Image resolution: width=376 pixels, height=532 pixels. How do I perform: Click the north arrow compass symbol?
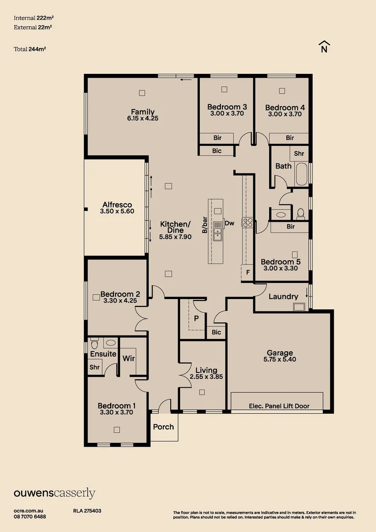324,47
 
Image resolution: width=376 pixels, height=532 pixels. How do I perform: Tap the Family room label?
143,112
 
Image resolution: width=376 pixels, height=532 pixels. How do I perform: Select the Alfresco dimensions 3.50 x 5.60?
117,211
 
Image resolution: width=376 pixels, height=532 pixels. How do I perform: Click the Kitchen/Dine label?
175,227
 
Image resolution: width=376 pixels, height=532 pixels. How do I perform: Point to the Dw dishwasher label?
229,223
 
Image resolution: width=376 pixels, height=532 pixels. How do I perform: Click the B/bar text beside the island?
204,224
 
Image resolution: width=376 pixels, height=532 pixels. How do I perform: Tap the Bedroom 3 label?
227,107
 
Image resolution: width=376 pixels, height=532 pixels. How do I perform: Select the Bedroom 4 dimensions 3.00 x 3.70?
285,114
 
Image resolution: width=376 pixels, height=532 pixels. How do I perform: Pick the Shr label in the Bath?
299,154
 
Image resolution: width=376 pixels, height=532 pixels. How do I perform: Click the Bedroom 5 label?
281,262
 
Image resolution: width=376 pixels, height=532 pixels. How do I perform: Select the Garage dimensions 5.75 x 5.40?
280,360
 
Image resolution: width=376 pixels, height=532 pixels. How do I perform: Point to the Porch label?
163,427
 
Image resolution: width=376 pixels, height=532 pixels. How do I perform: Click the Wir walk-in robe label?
128,358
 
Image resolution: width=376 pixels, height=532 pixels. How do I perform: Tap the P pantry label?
196,318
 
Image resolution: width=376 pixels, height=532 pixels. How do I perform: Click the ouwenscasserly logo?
54,493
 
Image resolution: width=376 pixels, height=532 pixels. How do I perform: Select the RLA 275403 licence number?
87,511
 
